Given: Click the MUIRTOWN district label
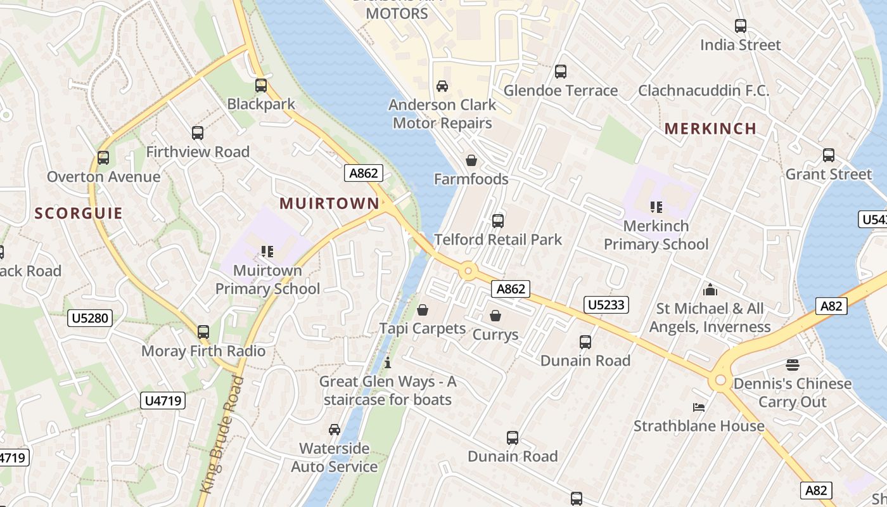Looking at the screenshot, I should (329, 203).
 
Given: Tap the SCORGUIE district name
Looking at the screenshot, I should (79, 214).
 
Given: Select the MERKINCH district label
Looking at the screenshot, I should (710, 129).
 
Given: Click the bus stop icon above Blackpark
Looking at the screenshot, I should (261, 86).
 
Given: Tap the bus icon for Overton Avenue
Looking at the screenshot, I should (103, 158).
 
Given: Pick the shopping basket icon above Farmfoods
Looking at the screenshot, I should (471, 161).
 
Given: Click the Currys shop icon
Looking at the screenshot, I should (495, 316).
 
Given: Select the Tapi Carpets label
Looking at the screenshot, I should (423, 329).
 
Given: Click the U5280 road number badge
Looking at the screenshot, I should (90, 318).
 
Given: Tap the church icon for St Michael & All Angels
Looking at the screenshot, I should (710, 290).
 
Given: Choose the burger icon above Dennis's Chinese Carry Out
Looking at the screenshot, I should (793, 365).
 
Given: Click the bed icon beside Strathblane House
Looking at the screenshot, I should (699, 407).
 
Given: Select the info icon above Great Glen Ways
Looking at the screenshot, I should (388, 363).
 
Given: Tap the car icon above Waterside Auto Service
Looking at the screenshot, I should (335, 430).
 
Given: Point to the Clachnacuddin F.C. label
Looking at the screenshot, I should (703, 91).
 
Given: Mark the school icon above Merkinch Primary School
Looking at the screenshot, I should (656, 207).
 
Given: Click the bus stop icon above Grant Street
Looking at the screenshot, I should (829, 155).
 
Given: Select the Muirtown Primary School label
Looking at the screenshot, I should (267, 279).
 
